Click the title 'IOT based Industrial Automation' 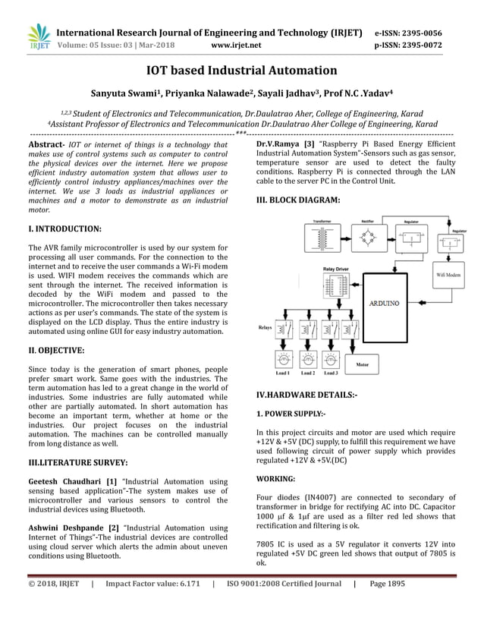point(241,71)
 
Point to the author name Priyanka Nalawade point(208,93)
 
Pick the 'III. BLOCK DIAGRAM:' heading point(298,200)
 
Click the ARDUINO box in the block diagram point(384,302)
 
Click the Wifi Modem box point(448,273)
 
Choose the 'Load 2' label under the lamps point(308,373)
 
